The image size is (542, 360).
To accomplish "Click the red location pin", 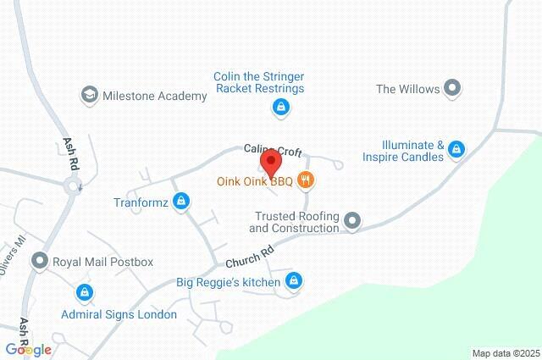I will point(270,162).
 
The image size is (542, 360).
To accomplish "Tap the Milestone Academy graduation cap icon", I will point(89,95).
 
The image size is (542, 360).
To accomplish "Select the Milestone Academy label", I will point(154,96).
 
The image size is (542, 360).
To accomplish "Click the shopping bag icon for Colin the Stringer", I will point(281,108).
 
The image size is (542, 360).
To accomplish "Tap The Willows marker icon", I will point(452,87).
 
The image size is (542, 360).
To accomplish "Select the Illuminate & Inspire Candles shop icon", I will point(456,150).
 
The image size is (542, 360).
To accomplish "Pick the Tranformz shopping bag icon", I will point(180,202).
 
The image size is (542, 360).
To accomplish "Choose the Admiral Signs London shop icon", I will point(83,293).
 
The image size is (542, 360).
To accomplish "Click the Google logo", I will point(27,350).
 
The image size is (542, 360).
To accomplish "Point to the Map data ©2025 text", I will point(505,352).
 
